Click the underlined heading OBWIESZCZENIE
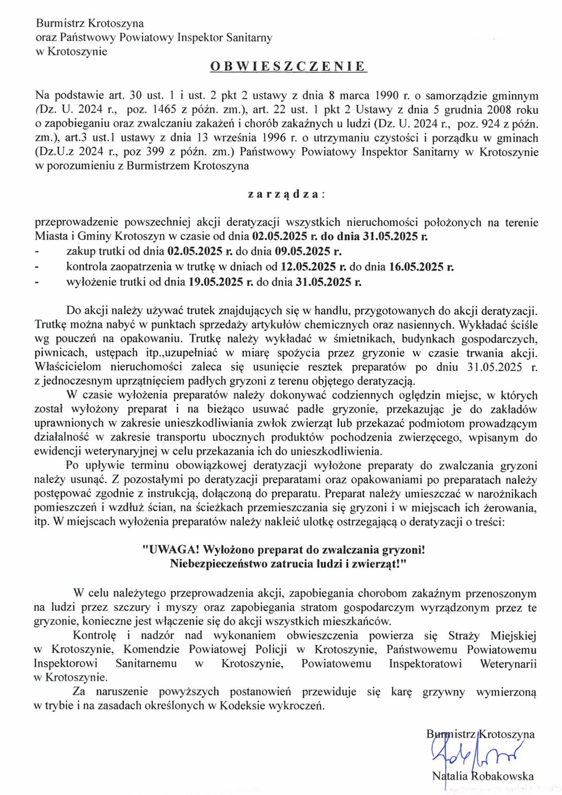click(x=289, y=66)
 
